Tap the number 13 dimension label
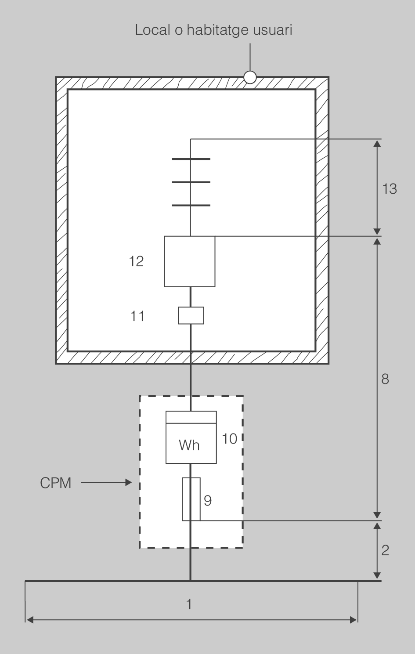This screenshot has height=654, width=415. [389, 189]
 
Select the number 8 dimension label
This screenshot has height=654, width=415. [385, 379]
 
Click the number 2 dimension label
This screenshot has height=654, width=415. [385, 550]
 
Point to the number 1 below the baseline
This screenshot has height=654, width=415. [189, 605]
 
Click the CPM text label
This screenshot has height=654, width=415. [56, 483]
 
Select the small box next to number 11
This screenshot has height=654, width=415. [191, 315]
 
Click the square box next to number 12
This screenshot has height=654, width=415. [190, 261]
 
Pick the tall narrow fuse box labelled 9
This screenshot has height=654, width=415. [191, 499]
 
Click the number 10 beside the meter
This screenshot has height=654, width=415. [230, 438]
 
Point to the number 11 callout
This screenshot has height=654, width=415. [137, 316]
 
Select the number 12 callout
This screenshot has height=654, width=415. [137, 261]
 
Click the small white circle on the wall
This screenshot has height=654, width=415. [250, 77]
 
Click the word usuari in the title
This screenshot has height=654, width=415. [274, 30]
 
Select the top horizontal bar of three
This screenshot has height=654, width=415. [191, 159]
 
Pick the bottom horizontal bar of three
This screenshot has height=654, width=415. [191, 205]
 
